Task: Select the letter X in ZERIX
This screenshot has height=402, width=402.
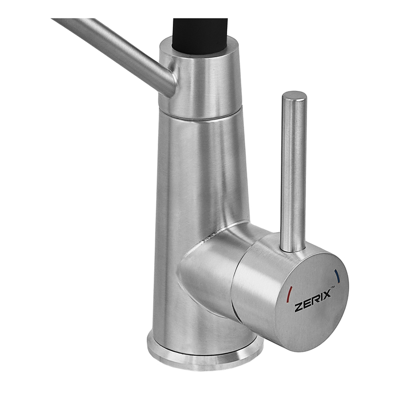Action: click(x=326, y=294)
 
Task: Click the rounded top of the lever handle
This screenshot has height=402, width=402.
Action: click(x=294, y=95)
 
